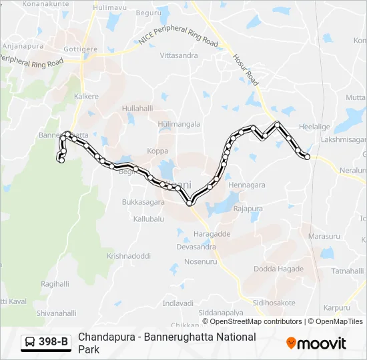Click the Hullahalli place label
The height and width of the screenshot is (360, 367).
(x=138, y=108)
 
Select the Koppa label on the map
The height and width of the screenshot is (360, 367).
(x=157, y=151)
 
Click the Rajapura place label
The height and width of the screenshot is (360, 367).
(x=248, y=209)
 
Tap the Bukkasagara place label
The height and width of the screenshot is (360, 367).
(x=143, y=201)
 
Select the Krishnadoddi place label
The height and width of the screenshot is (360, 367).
(x=129, y=256)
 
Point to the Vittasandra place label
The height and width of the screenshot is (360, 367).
(x=179, y=55)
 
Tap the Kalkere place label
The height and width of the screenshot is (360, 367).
(x=87, y=97)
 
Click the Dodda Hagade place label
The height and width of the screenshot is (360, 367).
(x=278, y=269)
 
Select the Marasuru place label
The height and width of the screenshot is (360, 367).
(x=325, y=236)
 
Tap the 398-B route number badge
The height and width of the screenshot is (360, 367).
(x=46, y=342)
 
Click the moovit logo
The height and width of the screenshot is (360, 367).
(x=316, y=343)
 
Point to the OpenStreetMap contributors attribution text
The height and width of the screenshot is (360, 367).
(x=248, y=321)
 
